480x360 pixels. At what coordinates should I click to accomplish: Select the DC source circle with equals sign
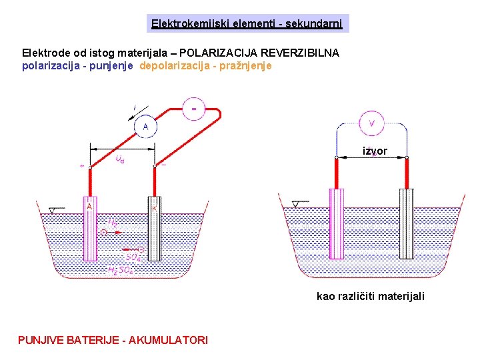(x=194, y=109)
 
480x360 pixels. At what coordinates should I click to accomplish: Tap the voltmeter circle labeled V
(x=372, y=122)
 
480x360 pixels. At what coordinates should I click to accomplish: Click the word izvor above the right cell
(x=375, y=151)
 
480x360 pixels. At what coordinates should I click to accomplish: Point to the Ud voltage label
(x=119, y=159)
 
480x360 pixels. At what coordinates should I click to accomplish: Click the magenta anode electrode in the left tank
(x=89, y=228)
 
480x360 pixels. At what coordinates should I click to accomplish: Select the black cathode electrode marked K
(x=153, y=228)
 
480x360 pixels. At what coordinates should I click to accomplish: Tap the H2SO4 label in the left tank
(x=121, y=271)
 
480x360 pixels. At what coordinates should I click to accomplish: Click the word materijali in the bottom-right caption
(x=399, y=296)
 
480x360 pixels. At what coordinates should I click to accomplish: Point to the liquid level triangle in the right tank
(x=296, y=204)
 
